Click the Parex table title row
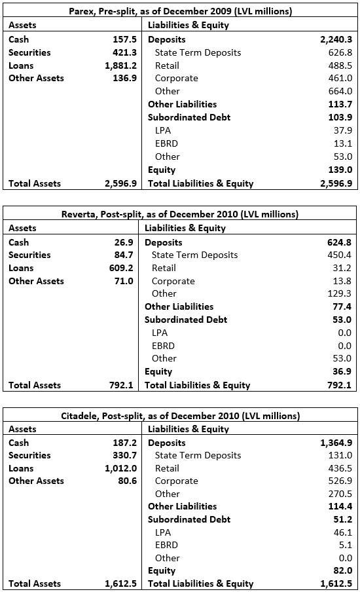click(x=180, y=11)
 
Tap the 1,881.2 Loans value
click(x=120, y=65)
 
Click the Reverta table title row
click(x=180, y=214)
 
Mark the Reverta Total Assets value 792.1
click(x=122, y=385)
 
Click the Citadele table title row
click(x=180, y=416)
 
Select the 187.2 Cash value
click(x=122, y=443)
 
